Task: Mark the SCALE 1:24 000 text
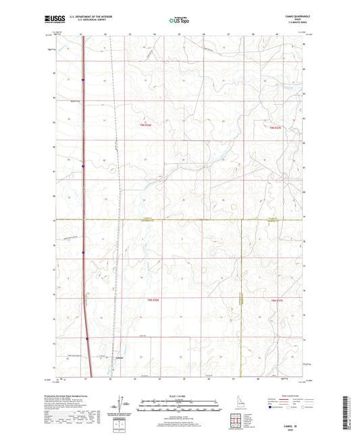point(179,395)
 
